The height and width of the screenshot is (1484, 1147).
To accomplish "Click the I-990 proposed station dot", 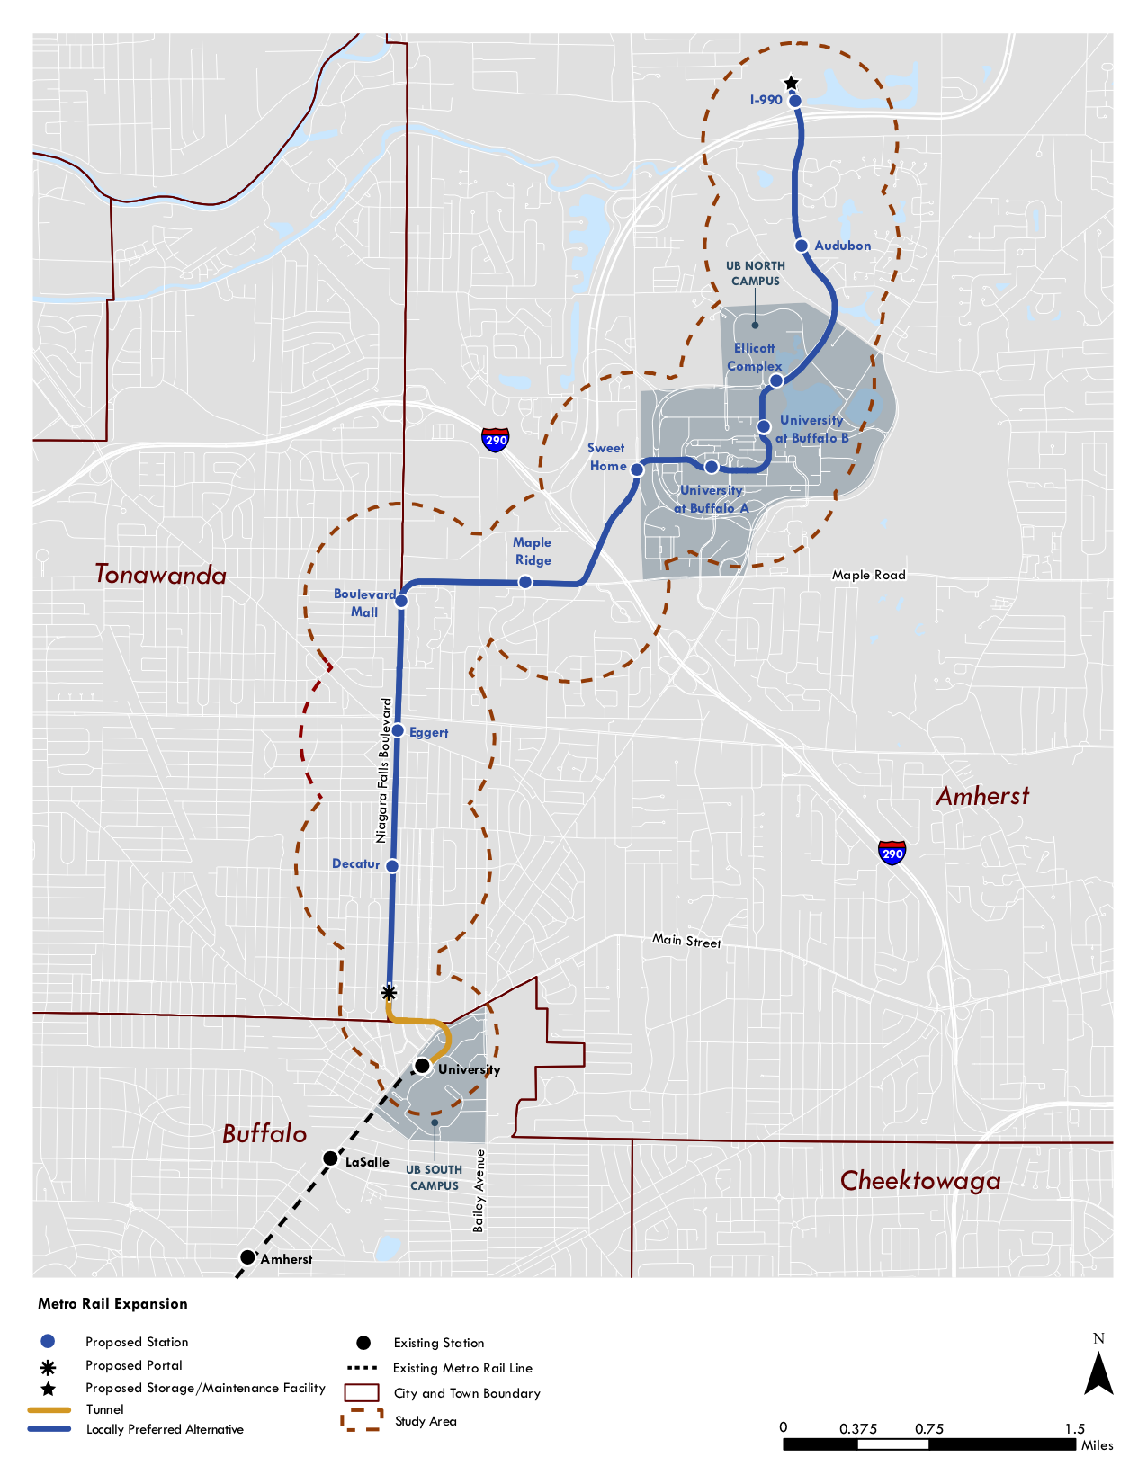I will tap(795, 101).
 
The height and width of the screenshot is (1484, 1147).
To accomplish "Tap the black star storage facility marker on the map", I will tap(791, 84).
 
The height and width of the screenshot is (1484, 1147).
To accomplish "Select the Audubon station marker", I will tap(801, 246).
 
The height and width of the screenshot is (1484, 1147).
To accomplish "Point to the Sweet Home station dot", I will tap(637, 469).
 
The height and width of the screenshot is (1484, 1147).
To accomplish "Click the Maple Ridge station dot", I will tap(525, 583).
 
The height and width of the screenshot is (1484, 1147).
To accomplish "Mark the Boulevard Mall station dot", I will tap(402, 600).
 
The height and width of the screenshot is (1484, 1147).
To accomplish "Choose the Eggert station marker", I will tap(398, 731).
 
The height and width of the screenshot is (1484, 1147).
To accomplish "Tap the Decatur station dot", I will tap(392, 866).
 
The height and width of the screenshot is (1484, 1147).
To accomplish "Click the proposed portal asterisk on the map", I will tap(389, 993).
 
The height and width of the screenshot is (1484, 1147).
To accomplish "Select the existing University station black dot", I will tap(422, 1066).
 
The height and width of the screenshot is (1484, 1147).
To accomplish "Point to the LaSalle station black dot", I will tap(330, 1158).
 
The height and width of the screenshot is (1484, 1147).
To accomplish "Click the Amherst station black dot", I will tap(247, 1257).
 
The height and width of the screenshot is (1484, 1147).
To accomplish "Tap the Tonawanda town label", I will tap(161, 575).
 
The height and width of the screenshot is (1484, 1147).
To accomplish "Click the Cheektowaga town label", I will tap(919, 1181).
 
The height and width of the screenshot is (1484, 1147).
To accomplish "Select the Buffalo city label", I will tap(264, 1134).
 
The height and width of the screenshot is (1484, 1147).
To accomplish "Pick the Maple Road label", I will tap(868, 575).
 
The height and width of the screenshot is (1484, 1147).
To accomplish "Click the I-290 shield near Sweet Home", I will tap(496, 439).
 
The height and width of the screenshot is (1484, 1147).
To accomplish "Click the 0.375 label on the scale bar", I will tap(857, 1429).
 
